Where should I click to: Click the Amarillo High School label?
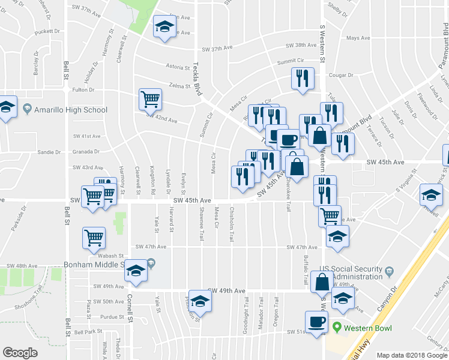point(71,110)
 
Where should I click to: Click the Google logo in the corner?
point(20,353)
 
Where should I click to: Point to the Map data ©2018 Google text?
point(411,355)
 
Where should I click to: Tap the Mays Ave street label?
point(358,38)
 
